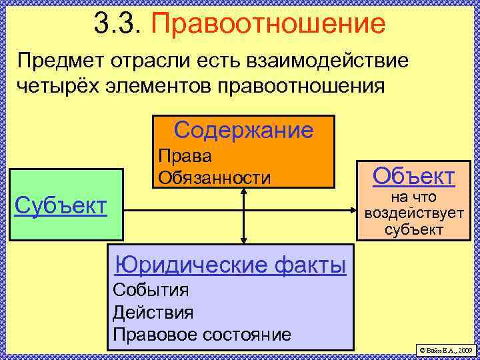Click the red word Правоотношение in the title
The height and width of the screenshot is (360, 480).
[x=269, y=25]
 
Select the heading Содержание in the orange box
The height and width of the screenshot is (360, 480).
[x=243, y=130]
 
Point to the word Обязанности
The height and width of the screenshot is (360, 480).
[x=214, y=178]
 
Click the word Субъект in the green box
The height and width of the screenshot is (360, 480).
[x=61, y=205]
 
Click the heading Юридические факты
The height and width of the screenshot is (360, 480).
[x=230, y=265]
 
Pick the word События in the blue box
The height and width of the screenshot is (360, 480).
[x=151, y=290]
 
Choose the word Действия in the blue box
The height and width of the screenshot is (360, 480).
[x=153, y=312]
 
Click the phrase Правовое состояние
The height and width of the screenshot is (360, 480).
[x=202, y=334]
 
